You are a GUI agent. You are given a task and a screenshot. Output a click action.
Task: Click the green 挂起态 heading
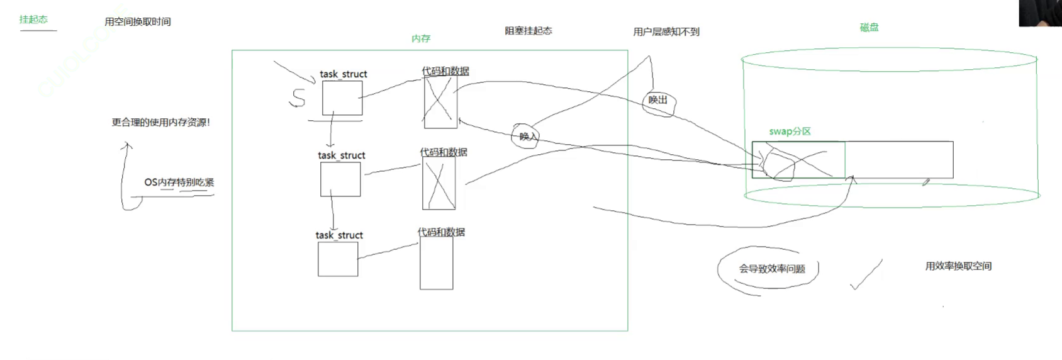click(33, 20)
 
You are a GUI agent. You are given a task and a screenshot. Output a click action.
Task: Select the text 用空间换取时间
click(137, 21)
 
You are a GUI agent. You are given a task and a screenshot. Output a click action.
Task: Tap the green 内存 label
click(421, 38)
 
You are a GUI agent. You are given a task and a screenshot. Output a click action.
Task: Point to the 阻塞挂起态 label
click(528, 31)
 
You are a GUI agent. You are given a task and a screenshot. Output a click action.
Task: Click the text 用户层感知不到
click(666, 31)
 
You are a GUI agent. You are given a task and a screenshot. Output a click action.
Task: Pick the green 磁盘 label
click(869, 28)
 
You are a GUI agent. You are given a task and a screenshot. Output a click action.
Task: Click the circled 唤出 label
click(658, 100)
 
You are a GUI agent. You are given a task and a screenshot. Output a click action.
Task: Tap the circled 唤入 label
click(527, 136)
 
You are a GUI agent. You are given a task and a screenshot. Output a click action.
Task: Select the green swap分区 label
click(790, 132)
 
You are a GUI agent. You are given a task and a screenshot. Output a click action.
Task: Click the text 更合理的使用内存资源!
click(161, 122)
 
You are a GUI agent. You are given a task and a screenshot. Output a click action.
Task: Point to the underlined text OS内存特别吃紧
click(179, 183)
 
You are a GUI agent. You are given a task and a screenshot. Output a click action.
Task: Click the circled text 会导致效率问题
click(771, 269)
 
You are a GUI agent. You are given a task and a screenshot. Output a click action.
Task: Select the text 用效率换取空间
click(958, 266)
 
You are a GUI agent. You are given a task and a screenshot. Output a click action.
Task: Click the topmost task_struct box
click(342, 98)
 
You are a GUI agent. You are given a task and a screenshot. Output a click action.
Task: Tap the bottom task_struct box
click(338, 259)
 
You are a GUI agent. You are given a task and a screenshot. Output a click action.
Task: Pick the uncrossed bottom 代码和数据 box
click(437, 263)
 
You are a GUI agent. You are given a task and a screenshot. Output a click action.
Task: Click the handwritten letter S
click(298, 98)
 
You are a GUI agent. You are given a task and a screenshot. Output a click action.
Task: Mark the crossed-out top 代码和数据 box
click(440, 102)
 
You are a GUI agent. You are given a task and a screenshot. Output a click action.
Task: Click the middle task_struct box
click(340, 179)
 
